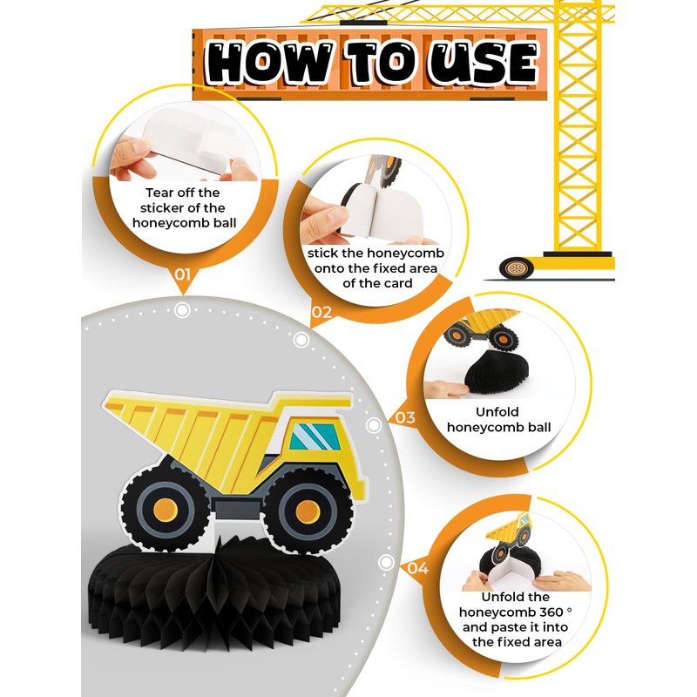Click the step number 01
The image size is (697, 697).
point(182,274)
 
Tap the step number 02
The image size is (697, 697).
point(321,312)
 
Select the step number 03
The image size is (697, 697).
point(405,418)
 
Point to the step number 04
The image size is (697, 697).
point(418,568)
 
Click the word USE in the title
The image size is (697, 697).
point(484,63)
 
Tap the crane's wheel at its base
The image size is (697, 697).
point(516,268)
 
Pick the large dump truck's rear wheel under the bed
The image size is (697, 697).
point(166,508)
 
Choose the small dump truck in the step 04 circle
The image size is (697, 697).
point(510,536)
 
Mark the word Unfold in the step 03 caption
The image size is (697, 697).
point(497,411)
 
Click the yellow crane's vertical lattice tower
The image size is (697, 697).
point(577,129)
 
